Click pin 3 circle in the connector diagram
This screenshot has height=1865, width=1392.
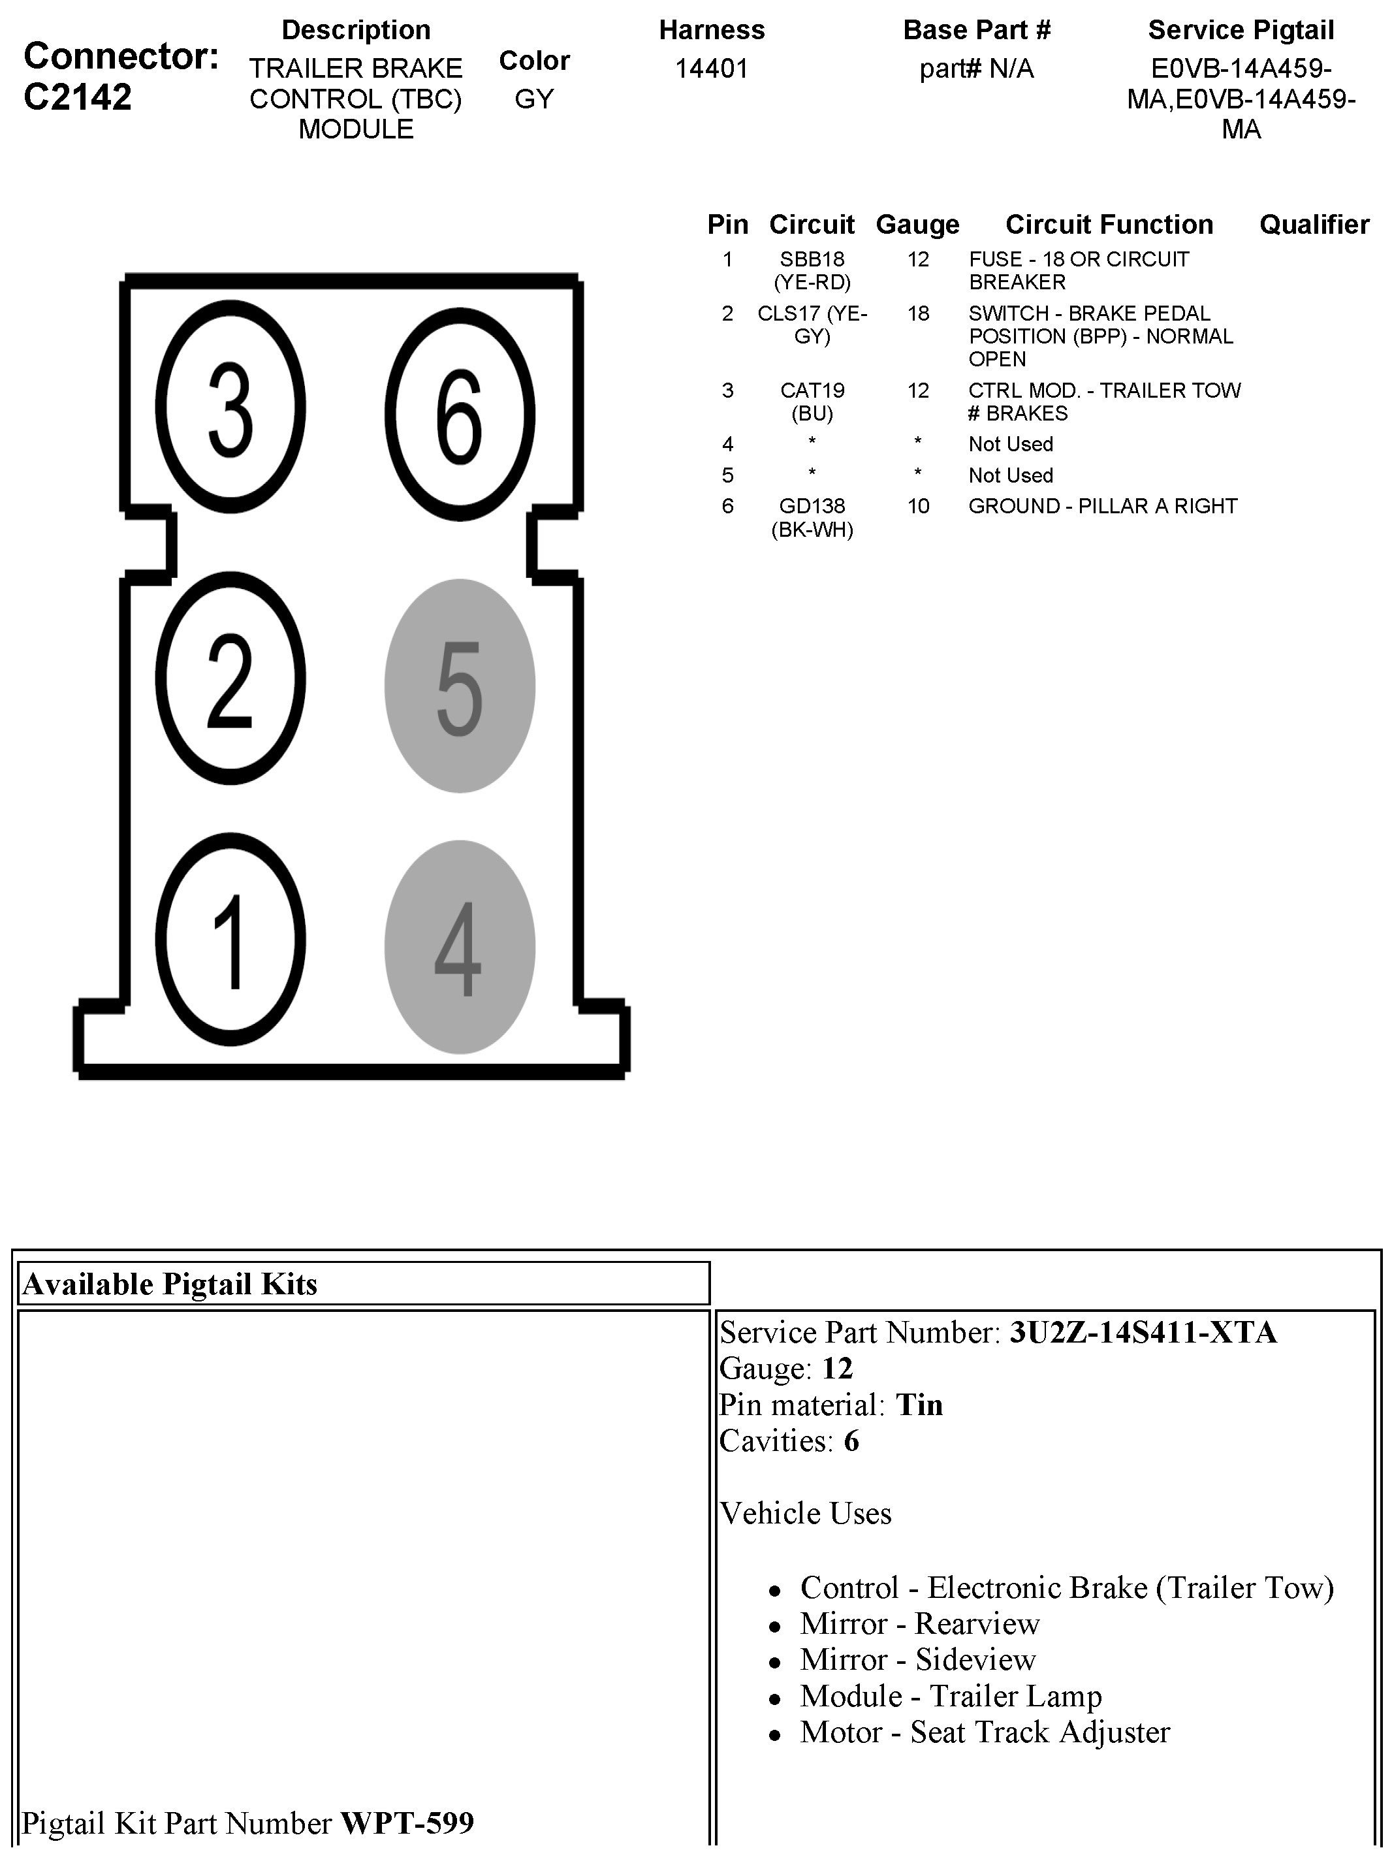(x=230, y=409)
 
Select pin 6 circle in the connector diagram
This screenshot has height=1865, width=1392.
(x=460, y=415)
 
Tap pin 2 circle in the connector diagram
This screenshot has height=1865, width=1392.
(x=230, y=679)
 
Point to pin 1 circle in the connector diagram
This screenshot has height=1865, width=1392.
(x=230, y=940)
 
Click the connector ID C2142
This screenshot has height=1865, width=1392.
(x=78, y=97)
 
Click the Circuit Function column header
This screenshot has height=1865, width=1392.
(x=1109, y=224)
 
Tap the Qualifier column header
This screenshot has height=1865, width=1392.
(x=1314, y=224)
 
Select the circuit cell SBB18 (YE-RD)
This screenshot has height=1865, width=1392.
(x=812, y=270)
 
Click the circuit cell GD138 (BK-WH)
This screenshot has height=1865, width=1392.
(x=812, y=517)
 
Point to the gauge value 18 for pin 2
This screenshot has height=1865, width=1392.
(x=917, y=313)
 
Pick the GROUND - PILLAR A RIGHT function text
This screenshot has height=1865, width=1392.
(x=1102, y=505)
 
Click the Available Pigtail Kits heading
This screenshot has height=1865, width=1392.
(x=170, y=1284)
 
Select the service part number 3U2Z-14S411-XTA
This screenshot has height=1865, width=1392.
(x=1143, y=1332)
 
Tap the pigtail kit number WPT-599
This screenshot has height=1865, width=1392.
(x=407, y=1823)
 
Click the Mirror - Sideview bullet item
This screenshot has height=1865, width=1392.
(x=917, y=1659)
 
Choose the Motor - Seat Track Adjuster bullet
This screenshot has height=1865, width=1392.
(x=984, y=1732)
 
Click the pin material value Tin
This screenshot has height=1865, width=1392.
(x=919, y=1405)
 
